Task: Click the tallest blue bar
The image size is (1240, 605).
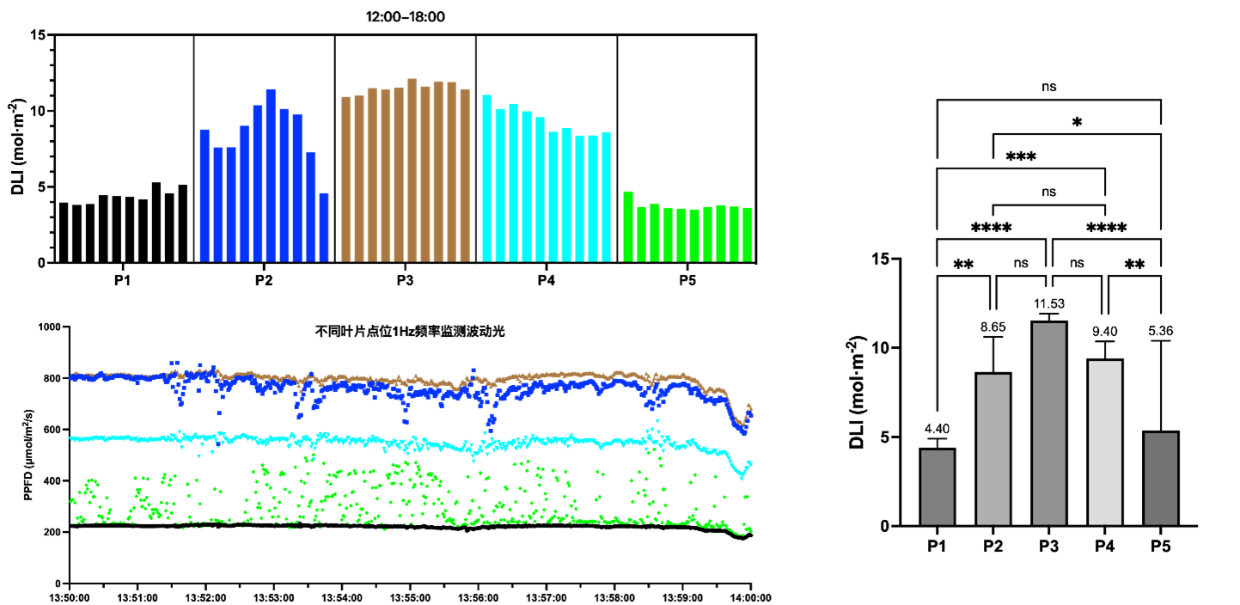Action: [x=271, y=175]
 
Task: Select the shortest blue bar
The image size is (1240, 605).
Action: [x=324, y=227]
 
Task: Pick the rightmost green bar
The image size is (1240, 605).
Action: [x=748, y=234]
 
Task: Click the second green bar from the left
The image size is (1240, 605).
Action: [x=641, y=234]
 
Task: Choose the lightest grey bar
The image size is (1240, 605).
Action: [x=1105, y=443]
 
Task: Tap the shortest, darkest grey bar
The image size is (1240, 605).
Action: [x=1161, y=479]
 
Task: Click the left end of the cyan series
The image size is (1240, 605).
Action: [x=71, y=438]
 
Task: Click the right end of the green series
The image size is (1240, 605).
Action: [x=751, y=530]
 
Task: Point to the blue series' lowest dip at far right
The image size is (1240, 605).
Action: [x=744, y=433]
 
